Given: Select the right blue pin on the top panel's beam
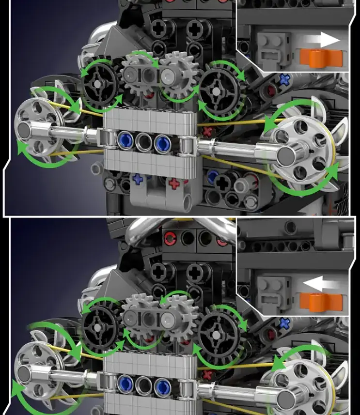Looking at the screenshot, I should [x=161, y=142].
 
